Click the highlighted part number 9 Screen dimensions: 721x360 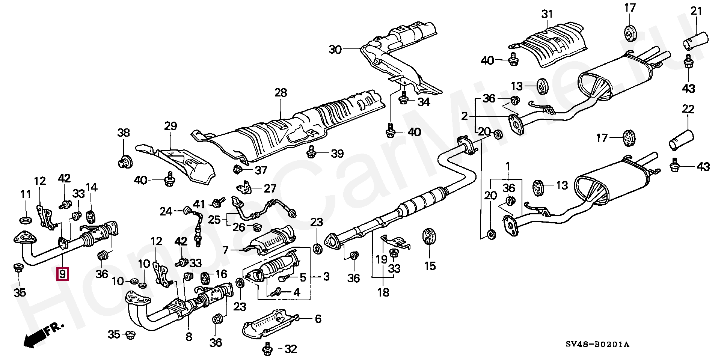[x=62, y=274]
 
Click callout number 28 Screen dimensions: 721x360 [x=281, y=93]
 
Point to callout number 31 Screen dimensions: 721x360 [x=547, y=14]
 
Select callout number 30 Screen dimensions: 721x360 [x=335, y=49]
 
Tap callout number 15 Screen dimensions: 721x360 [x=430, y=266]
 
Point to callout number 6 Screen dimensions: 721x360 [x=318, y=319]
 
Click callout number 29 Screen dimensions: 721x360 [x=170, y=126]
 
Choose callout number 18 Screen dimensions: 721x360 [x=383, y=292]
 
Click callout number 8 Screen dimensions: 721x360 [x=189, y=336]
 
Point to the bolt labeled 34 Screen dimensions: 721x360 [x=404, y=98]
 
